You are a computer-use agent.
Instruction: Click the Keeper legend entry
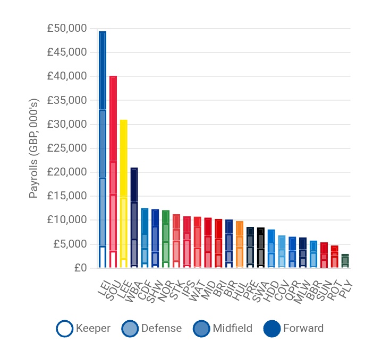[83, 329]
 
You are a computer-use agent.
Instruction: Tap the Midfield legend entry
[222, 329]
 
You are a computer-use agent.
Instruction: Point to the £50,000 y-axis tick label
[66, 28]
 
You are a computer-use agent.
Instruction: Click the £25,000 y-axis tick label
[66, 148]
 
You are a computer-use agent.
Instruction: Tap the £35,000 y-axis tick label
[66, 100]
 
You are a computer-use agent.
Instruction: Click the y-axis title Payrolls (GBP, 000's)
[33, 148]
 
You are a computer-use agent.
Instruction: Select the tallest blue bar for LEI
[103, 148]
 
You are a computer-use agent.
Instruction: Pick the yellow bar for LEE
[124, 194]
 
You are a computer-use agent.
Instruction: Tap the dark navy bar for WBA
[134, 218]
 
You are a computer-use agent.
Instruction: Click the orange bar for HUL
[240, 244]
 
